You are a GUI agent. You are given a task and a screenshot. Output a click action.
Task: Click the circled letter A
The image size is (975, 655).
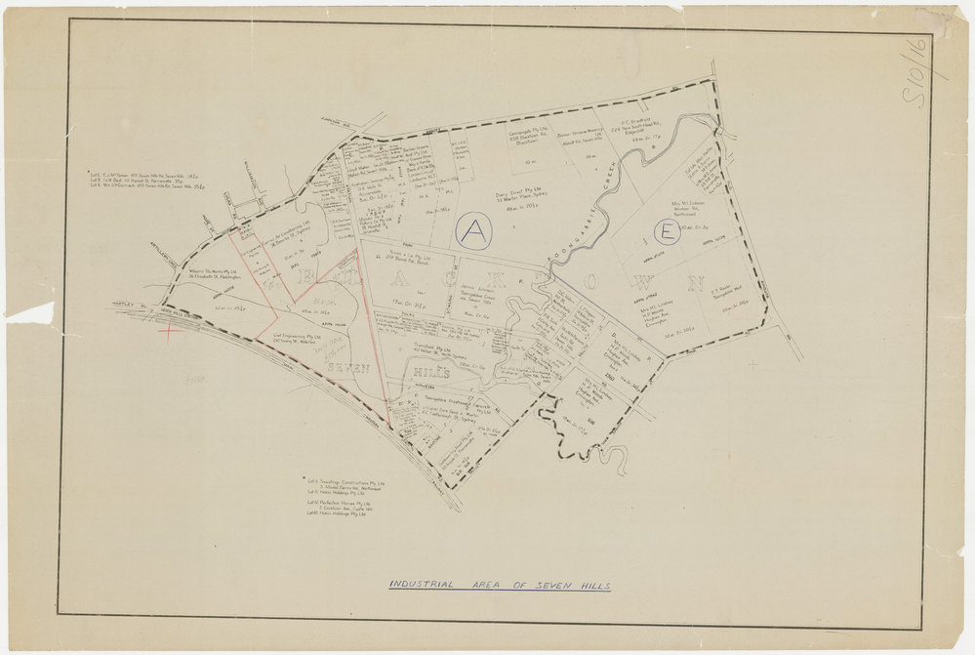click(x=473, y=231)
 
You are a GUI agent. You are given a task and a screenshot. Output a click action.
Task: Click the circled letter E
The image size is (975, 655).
click(x=668, y=232)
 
